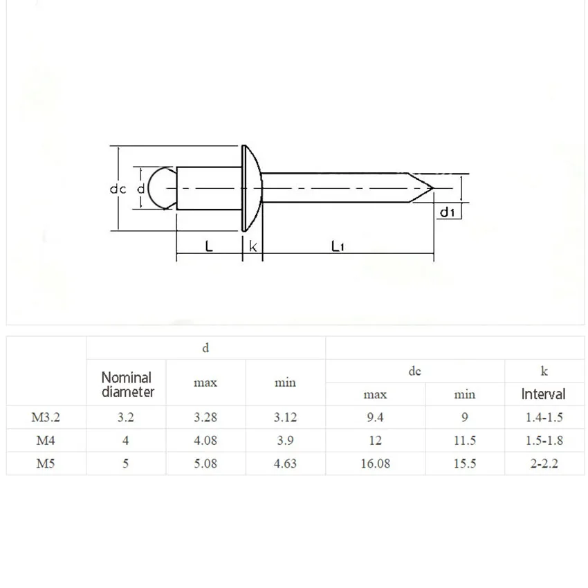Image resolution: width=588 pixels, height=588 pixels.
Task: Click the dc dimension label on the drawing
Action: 118,189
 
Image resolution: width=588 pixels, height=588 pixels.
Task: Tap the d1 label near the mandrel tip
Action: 447,212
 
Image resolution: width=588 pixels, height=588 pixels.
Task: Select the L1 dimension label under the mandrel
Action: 338,246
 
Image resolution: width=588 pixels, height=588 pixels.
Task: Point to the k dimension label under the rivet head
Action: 252,246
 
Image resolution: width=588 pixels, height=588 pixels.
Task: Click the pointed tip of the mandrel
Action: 434,188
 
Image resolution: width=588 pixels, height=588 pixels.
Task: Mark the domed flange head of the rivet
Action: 252,188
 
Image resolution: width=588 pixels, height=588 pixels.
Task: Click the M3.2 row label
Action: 46,417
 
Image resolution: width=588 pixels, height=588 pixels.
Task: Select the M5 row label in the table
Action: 46,463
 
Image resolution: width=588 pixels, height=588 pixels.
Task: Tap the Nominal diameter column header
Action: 127,385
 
